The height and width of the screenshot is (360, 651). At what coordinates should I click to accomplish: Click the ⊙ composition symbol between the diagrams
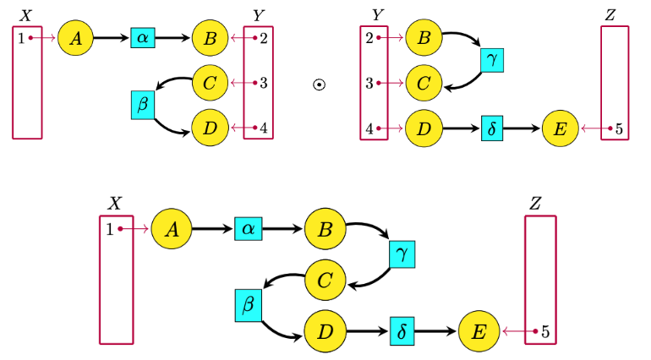pyautogui.click(x=319, y=85)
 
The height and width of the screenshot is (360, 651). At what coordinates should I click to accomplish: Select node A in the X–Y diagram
pyautogui.click(x=74, y=38)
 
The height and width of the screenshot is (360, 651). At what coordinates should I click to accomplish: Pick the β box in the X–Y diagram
pyautogui.click(x=142, y=105)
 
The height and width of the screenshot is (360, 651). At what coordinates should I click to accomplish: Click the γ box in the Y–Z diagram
pyautogui.click(x=492, y=60)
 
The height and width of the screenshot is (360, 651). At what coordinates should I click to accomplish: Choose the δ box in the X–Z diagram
pyautogui.click(x=402, y=330)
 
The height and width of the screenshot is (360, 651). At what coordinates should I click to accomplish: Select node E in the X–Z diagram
pyautogui.click(x=479, y=330)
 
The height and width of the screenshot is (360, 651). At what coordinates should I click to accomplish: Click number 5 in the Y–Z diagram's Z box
pyautogui.click(x=619, y=129)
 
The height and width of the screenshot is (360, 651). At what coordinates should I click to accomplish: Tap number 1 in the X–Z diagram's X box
pyautogui.click(x=110, y=228)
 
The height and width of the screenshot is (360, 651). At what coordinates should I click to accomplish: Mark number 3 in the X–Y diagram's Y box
pyautogui.click(x=264, y=83)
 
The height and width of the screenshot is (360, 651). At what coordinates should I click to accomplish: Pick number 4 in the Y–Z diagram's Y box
pyautogui.click(x=369, y=129)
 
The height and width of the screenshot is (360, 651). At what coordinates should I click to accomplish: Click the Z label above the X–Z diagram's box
pyautogui.click(x=535, y=203)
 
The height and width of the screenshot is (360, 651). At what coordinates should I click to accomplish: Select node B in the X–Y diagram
pyautogui.click(x=209, y=38)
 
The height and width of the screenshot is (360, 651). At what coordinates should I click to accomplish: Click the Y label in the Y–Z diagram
pyautogui.click(x=377, y=15)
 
